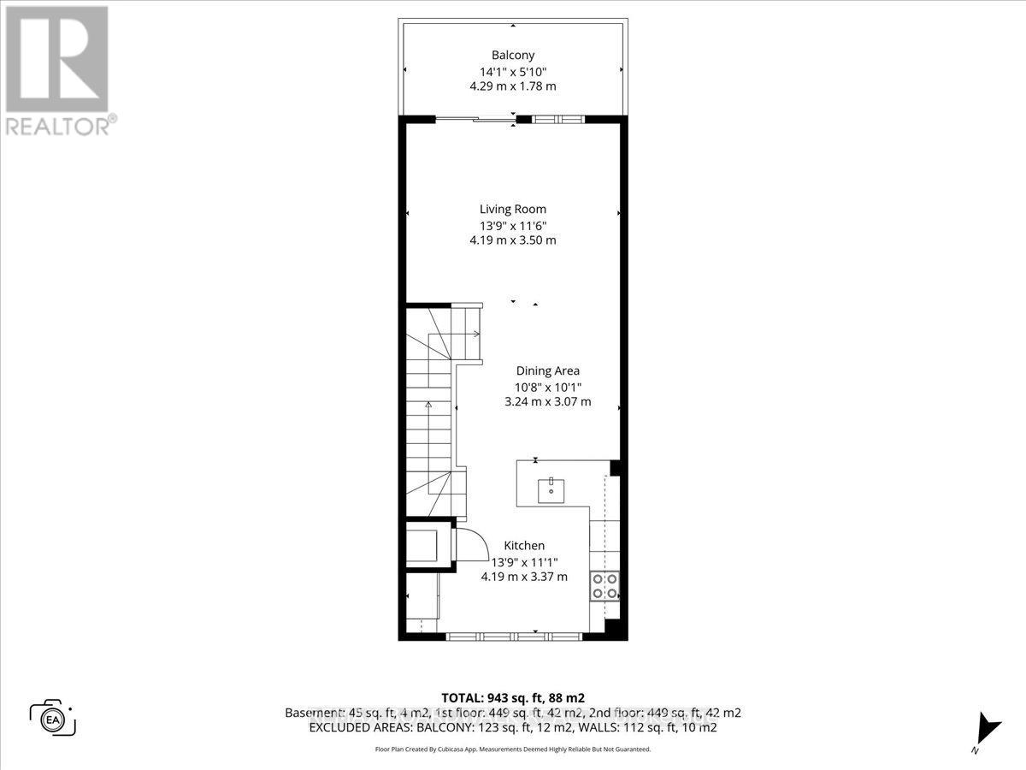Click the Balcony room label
point(513,55)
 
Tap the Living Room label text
point(512,209)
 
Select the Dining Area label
point(547,370)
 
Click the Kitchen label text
point(524,545)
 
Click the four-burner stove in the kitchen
point(604,587)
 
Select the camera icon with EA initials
point(53,719)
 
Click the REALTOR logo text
point(59,127)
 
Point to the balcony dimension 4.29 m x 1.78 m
point(513,86)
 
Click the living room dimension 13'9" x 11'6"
point(512,225)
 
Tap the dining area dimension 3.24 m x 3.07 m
point(547,401)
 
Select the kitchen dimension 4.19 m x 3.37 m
point(524,577)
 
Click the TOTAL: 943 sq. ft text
point(512,697)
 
